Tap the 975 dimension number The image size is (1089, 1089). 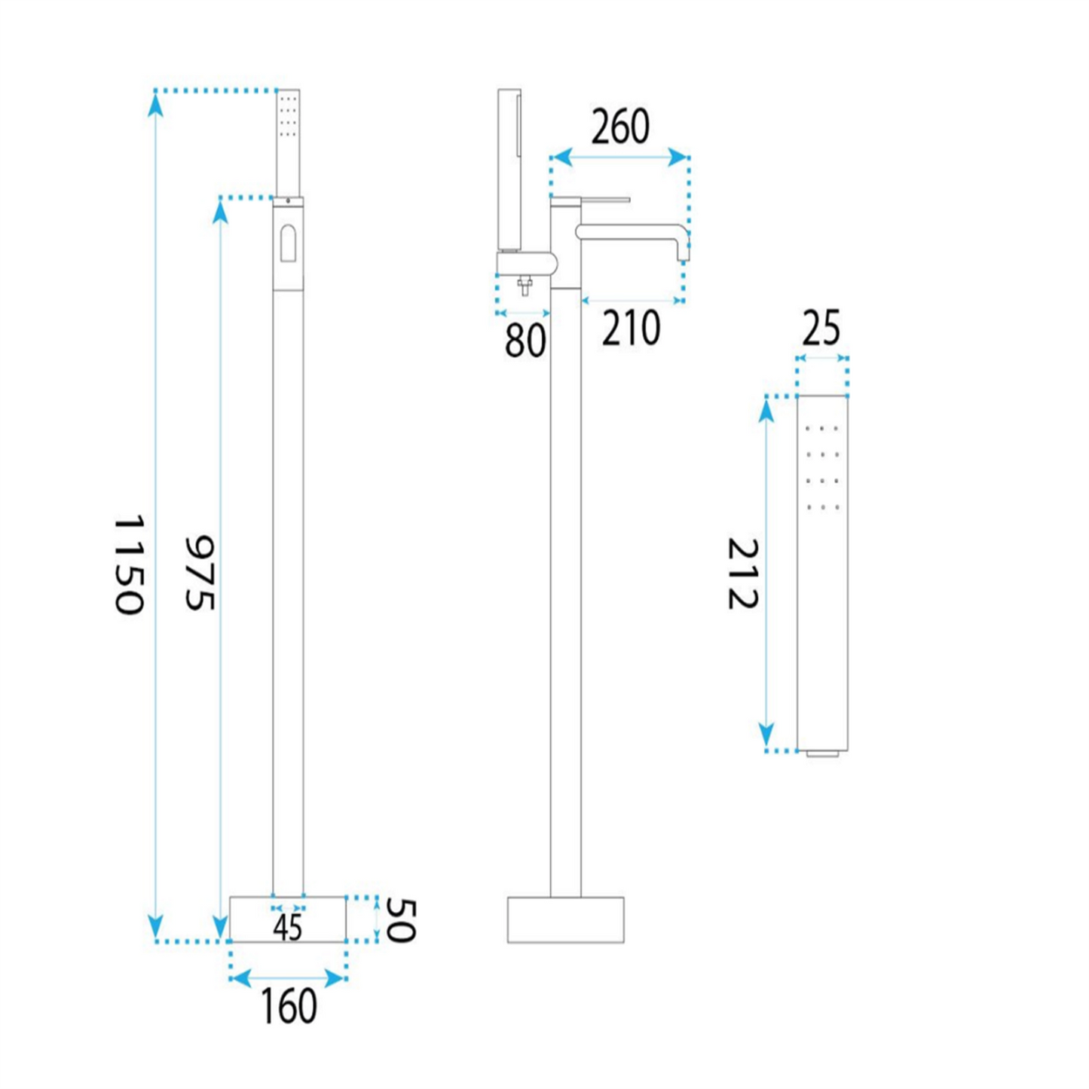pyautogui.click(x=200, y=573)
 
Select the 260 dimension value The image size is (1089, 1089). pyautogui.click(x=620, y=127)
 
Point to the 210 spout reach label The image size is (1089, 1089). pyautogui.click(x=631, y=329)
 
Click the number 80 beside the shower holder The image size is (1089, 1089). pyautogui.click(x=525, y=341)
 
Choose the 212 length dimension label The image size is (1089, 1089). pyautogui.click(x=742, y=573)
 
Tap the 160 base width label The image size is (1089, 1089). pyautogui.click(x=289, y=1022)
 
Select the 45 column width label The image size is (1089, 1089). pyautogui.click(x=288, y=928)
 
